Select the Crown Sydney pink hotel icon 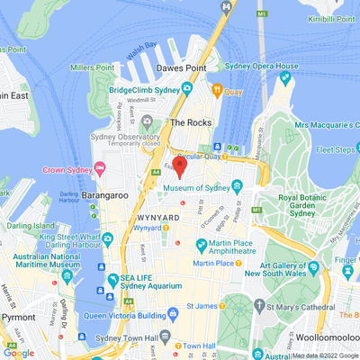(100, 168)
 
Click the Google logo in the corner (19, 352)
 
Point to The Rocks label (190, 121)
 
